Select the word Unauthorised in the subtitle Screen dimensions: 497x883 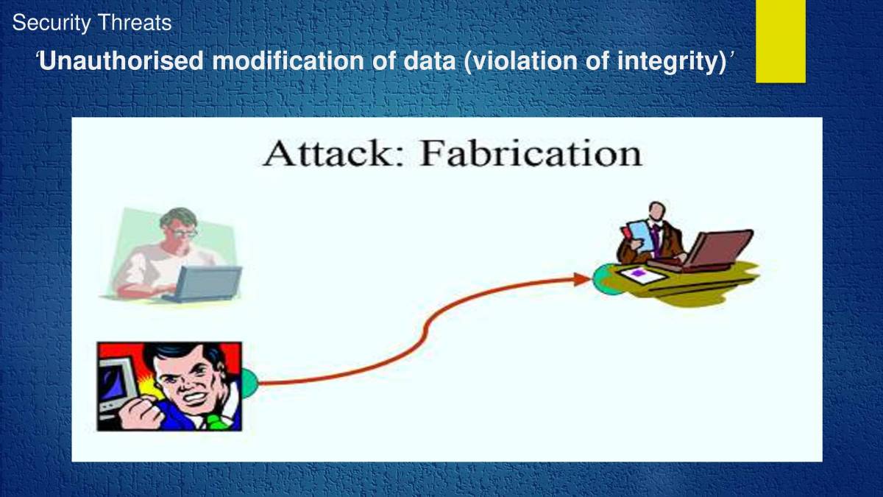click(x=121, y=61)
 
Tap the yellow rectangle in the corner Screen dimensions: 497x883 click(x=780, y=40)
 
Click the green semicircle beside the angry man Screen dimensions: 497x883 click(x=249, y=383)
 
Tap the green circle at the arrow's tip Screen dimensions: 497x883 click(x=602, y=281)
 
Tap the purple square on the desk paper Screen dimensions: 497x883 click(x=638, y=273)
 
